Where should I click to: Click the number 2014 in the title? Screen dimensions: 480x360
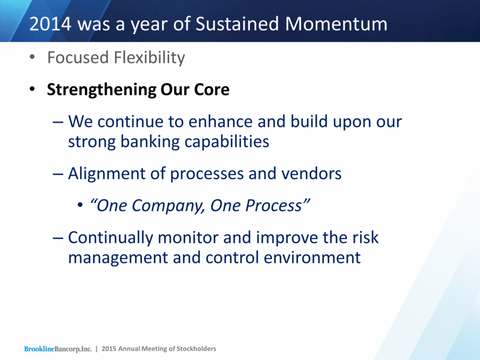tap(50, 24)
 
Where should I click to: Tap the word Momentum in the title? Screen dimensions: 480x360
tap(336, 24)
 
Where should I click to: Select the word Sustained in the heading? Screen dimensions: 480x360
tap(237, 24)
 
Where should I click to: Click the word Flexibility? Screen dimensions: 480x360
tap(149, 58)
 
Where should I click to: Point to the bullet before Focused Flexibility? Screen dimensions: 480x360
tap(32, 57)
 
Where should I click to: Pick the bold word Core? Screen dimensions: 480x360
tap(212, 90)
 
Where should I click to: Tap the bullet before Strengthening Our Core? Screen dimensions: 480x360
tap(32, 90)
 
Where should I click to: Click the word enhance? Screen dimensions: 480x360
tap(221, 122)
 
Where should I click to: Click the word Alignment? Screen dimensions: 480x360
tap(106, 174)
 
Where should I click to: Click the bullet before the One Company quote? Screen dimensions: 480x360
tap(80, 206)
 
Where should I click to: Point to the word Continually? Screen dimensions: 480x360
tap(110, 237)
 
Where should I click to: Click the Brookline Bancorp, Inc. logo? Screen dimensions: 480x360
tap(58, 349)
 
